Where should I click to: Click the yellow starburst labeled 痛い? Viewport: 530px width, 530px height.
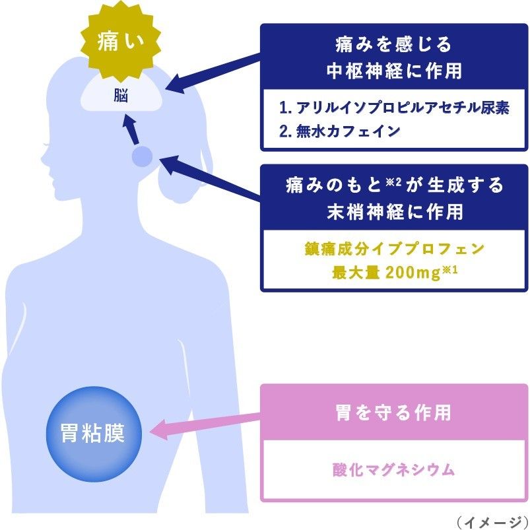[121, 41]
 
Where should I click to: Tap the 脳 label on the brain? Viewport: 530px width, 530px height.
[121, 96]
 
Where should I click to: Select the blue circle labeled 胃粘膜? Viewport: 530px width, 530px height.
[94, 434]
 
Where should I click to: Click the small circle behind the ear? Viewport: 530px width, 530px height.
[142, 156]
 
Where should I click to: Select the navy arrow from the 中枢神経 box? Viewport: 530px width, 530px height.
[213, 73]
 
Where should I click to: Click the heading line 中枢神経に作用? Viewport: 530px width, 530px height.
[394, 71]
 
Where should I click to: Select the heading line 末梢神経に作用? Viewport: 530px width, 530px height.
[395, 212]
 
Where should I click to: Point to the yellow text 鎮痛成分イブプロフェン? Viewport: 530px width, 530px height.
[394, 249]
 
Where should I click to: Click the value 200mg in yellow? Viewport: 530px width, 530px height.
[413, 273]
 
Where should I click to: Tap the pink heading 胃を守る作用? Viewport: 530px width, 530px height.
[393, 413]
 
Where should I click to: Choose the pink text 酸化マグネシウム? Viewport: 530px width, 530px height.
[393, 469]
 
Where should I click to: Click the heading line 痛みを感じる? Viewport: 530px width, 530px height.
[393, 45]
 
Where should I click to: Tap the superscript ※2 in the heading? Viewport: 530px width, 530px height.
[393, 182]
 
